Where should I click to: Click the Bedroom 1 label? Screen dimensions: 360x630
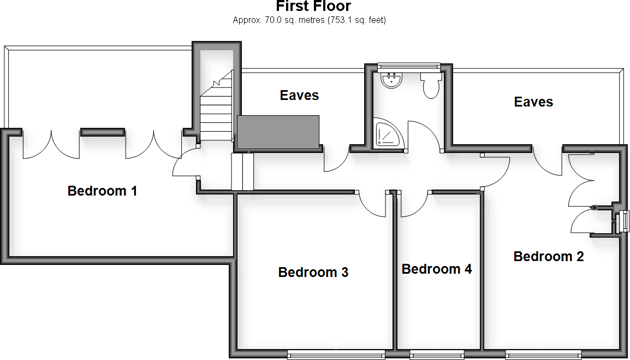pyautogui.click(x=102, y=191)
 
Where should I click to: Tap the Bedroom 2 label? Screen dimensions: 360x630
pyautogui.click(x=549, y=256)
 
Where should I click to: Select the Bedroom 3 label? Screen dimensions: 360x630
pyautogui.click(x=313, y=272)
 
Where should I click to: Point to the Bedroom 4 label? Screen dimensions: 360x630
pyautogui.click(x=437, y=269)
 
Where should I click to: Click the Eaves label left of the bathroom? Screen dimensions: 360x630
pyautogui.click(x=299, y=96)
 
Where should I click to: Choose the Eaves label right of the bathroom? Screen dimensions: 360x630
pyautogui.click(x=533, y=102)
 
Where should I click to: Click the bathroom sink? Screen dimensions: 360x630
pyautogui.click(x=391, y=81)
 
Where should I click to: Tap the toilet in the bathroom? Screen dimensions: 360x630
pyautogui.click(x=431, y=86)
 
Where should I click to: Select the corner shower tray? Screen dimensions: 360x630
pyautogui.click(x=388, y=134)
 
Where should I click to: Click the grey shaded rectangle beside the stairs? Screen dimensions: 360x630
pyautogui.click(x=278, y=132)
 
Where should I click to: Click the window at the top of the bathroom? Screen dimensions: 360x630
pyautogui.click(x=408, y=66)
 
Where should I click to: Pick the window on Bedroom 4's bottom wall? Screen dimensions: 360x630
pyautogui.click(x=437, y=355)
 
